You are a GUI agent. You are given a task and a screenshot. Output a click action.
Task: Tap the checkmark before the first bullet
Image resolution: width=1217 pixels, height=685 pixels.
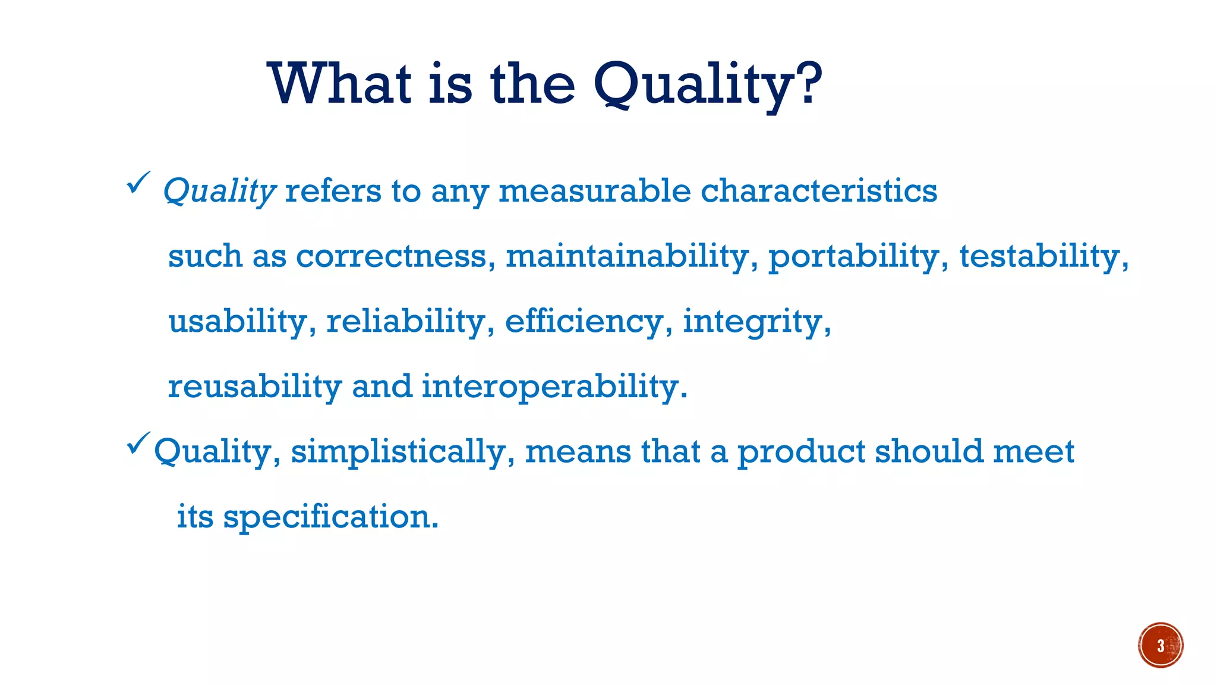click(x=138, y=183)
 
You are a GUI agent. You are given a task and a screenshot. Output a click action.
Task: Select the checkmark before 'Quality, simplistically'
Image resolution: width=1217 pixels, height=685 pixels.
click(x=138, y=444)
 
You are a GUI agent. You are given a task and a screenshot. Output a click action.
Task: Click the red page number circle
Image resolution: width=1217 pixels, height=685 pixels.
click(x=1160, y=645)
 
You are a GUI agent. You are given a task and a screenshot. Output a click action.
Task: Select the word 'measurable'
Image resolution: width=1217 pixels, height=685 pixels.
click(x=594, y=191)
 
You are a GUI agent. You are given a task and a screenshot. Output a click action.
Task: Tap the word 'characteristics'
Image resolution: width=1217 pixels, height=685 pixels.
click(x=818, y=191)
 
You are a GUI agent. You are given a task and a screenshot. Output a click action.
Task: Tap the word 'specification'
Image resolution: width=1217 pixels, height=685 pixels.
click(x=330, y=517)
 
